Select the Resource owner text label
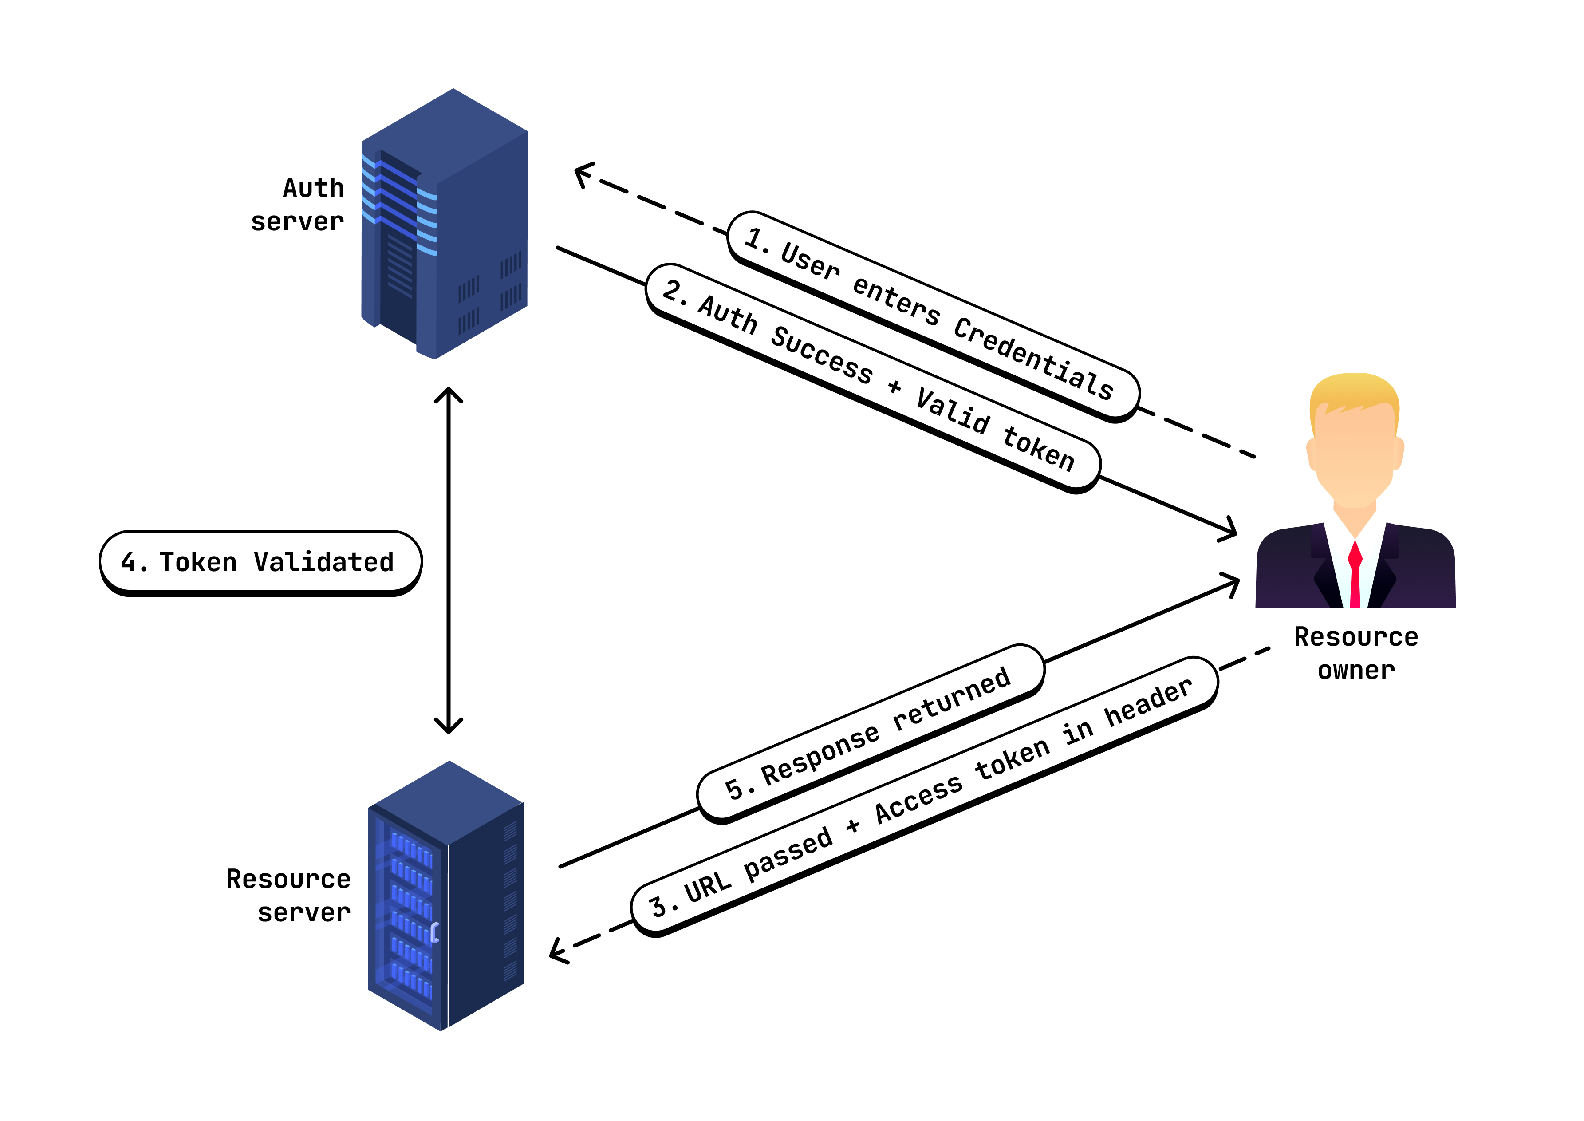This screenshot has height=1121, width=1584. click(x=1355, y=653)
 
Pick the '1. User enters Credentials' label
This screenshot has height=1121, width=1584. click(x=932, y=315)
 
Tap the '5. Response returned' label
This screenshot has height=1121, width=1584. click(x=870, y=734)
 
